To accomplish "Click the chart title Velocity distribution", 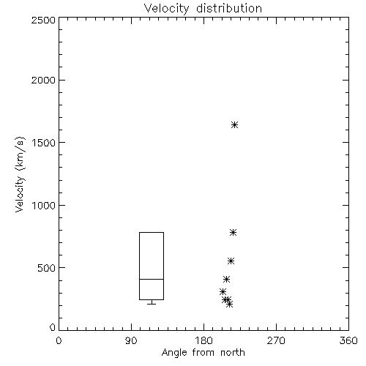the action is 203,8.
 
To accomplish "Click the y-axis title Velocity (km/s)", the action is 20,174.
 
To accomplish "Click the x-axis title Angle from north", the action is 203,353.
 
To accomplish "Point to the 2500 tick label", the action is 43,20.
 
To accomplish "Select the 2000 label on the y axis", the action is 43,80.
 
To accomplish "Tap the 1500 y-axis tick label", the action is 44,143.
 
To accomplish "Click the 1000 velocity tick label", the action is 44,205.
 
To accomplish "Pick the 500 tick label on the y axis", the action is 47,268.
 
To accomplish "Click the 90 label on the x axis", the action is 131,340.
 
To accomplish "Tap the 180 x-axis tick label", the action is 203,340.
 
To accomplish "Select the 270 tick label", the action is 276,340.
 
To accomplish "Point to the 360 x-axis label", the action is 348,340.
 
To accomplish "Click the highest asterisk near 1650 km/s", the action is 234,125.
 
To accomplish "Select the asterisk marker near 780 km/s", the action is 233,232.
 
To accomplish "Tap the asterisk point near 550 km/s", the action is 231,261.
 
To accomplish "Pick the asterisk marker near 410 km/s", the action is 226,279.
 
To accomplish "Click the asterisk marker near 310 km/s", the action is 223,291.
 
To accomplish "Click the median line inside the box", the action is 152,279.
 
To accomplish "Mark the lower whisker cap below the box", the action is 152,304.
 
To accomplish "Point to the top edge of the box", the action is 152,232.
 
